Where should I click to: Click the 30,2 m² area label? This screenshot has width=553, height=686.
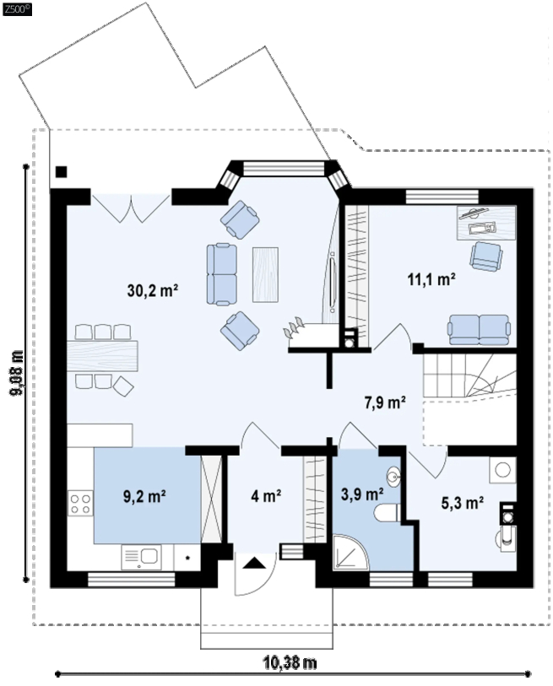click(152, 290)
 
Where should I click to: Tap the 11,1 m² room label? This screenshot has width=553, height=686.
click(431, 279)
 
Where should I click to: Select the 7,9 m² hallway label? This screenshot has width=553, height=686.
click(385, 402)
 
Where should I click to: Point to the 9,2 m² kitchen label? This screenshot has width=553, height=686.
click(144, 496)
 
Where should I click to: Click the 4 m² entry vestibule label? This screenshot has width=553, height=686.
click(266, 495)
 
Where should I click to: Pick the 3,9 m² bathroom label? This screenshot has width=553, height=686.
click(362, 494)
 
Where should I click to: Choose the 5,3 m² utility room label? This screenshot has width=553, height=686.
click(462, 503)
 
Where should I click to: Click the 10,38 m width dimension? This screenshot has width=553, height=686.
click(290, 662)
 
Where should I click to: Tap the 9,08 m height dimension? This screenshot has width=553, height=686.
click(18, 373)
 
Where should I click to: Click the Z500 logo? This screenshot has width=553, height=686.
click(17, 9)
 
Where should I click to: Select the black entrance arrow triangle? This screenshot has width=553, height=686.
click(254, 563)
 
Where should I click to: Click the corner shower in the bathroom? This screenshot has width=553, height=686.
click(350, 552)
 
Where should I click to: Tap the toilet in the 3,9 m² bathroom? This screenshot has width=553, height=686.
click(388, 512)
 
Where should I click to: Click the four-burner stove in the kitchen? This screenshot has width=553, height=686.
click(80, 503)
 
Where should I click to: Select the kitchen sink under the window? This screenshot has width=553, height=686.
click(142, 557)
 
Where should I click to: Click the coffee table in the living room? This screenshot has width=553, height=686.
click(265, 274)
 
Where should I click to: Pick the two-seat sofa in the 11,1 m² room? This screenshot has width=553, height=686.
click(479, 329)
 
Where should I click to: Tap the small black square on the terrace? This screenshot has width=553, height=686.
click(62, 172)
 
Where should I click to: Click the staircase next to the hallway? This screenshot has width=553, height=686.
click(469, 375)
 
